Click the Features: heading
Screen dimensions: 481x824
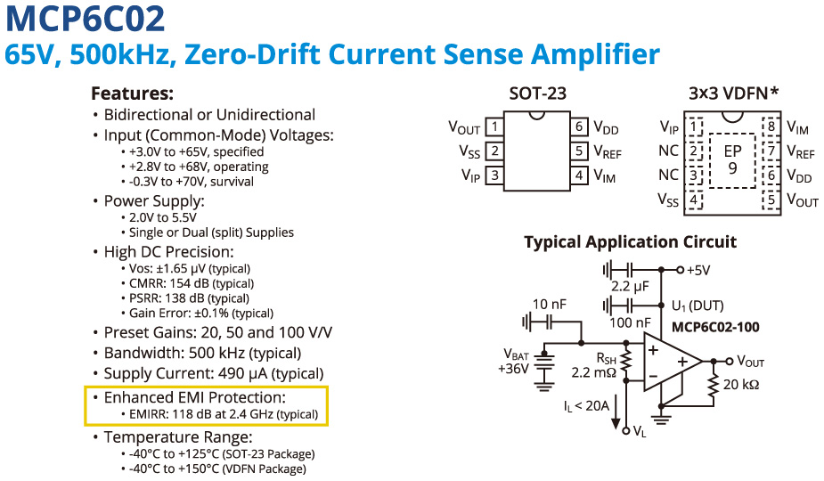132,94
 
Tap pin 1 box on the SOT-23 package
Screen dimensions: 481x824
494,127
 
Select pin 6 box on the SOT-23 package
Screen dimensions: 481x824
579,127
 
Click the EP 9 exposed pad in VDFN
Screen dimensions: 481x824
731,159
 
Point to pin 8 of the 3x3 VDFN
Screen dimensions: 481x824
771,127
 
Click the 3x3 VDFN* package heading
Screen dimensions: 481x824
734,94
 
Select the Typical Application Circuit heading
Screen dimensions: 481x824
630,242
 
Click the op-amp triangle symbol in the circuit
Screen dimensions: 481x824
670,362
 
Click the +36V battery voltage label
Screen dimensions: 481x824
515,369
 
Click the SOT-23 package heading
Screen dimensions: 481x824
537,94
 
